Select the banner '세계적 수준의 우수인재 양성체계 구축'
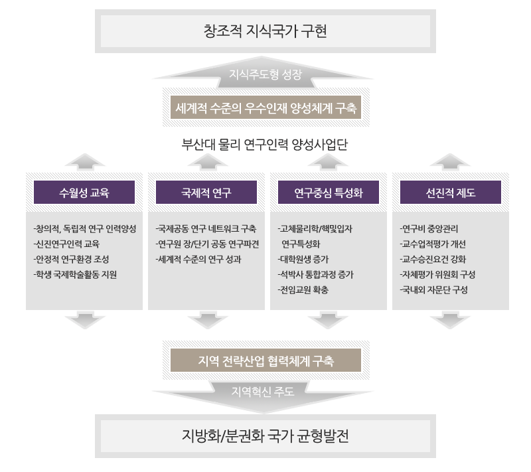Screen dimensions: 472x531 click(265, 108)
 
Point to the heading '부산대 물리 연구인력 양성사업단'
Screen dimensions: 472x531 click(265, 145)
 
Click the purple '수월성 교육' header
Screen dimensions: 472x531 click(84, 193)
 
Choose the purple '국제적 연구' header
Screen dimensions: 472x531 click(206, 193)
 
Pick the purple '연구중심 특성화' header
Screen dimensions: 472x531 click(328, 193)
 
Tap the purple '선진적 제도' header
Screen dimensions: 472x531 click(451, 193)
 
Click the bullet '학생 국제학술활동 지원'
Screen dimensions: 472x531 click(75, 274)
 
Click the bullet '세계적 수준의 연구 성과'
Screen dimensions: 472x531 click(198, 259)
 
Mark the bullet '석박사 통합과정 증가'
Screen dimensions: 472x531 click(315, 274)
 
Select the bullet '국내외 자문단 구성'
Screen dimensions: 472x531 click(434, 289)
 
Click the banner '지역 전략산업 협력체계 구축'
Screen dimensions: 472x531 click(265, 361)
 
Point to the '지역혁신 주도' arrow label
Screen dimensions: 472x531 click(265, 391)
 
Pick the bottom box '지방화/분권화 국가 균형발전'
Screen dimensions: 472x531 click(265, 437)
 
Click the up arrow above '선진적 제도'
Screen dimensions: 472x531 click(451, 160)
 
